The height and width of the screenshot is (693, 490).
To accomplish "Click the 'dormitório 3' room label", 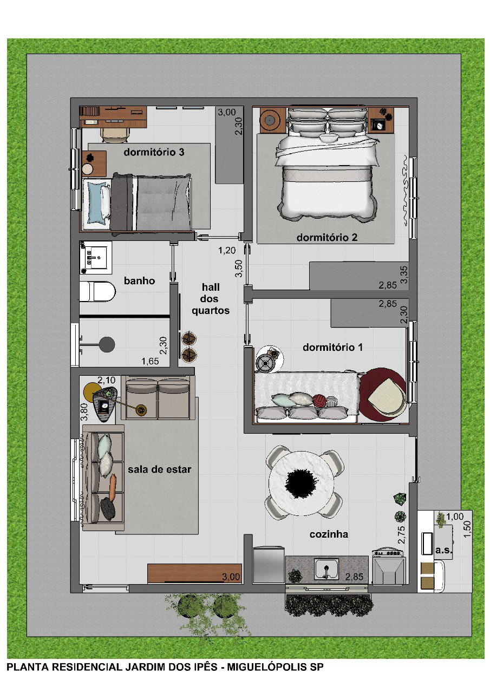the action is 154,152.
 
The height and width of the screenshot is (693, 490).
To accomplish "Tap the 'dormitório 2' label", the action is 326,238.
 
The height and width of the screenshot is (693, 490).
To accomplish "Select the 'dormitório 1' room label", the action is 332,348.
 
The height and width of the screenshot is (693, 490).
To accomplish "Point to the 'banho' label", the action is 139,280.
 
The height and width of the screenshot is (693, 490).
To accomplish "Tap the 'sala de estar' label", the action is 159,469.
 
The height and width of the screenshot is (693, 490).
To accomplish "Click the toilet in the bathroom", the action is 97,291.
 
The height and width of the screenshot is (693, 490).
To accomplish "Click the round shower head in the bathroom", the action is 107,344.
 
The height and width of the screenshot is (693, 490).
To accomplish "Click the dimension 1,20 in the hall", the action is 227,250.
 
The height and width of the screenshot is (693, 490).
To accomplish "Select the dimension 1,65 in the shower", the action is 150,361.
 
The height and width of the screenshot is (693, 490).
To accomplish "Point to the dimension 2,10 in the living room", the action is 107,380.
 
